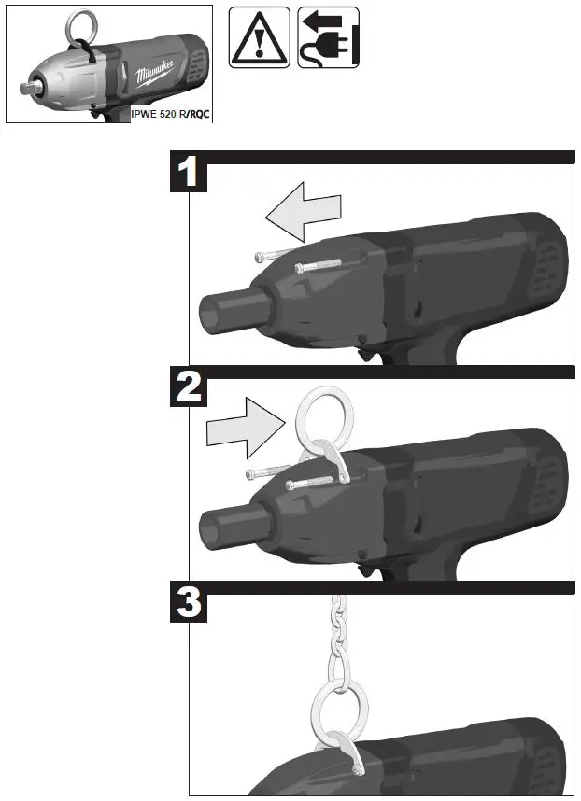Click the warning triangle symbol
coord(258,37)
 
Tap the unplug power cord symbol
coord(328,38)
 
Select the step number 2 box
coord(190,387)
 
